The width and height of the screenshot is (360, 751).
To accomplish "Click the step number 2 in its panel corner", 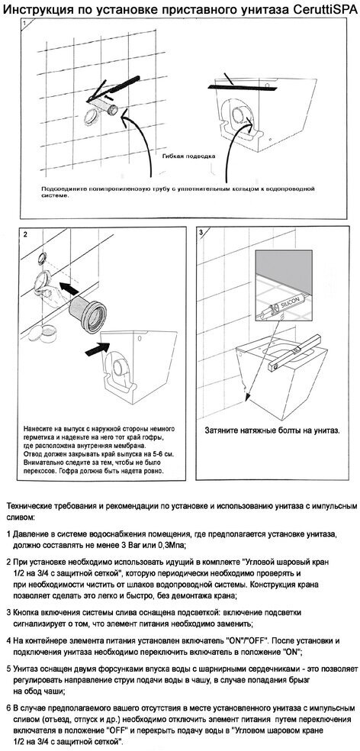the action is coord(25,234).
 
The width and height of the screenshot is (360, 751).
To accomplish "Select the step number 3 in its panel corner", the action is coord(201,233).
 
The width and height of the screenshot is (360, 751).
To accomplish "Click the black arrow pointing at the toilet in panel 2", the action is coord(98,348).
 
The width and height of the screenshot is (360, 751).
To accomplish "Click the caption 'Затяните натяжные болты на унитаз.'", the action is coord(272,430).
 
